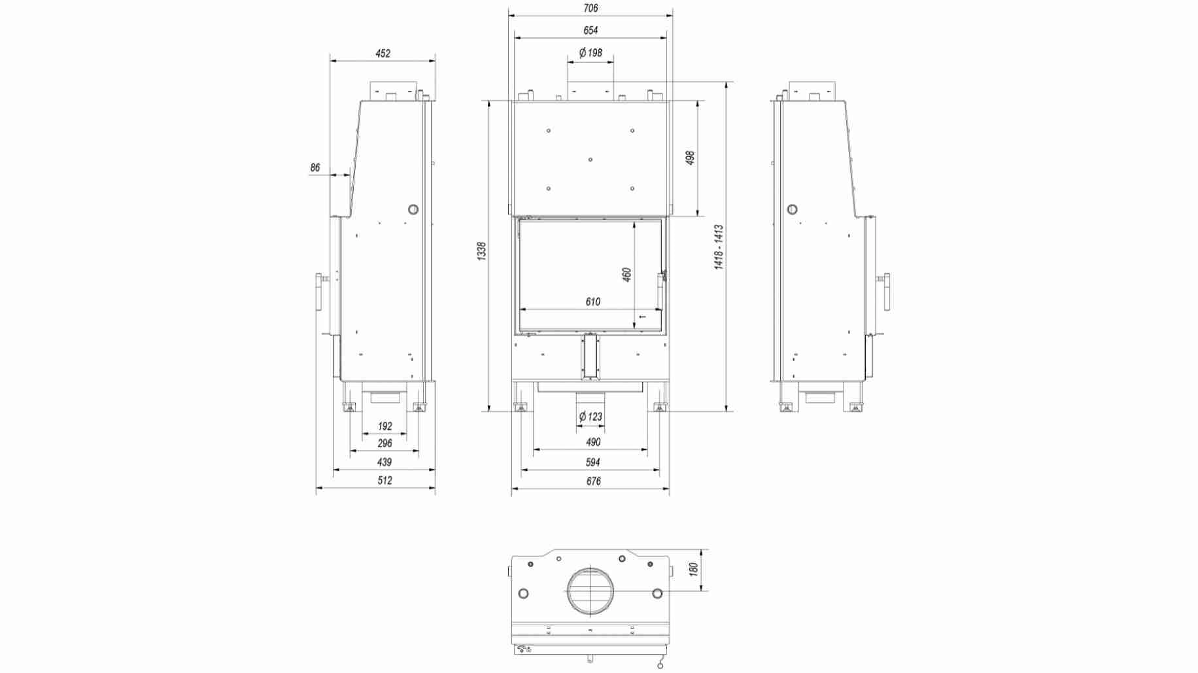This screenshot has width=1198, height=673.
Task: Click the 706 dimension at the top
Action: click(x=590, y=9)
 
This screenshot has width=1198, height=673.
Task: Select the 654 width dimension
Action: click(x=590, y=30)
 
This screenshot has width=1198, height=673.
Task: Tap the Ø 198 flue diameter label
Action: click(x=590, y=53)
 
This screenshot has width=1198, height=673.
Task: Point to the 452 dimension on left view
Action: click(x=383, y=54)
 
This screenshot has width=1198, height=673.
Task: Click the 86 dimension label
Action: click(x=315, y=168)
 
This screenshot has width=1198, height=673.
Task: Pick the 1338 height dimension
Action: click(x=482, y=252)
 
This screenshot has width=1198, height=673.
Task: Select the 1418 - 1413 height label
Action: click(x=719, y=247)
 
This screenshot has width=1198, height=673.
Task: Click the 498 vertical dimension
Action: click(x=690, y=158)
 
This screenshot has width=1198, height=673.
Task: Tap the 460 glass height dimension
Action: click(x=627, y=274)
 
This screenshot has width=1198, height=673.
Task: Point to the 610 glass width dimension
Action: click(x=592, y=302)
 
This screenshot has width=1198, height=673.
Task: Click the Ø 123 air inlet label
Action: click(x=590, y=417)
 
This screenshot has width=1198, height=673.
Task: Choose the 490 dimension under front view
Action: click(x=592, y=443)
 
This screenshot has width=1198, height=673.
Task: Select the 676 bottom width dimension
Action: click(x=593, y=481)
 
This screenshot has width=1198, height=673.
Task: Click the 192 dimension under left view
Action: click(x=385, y=426)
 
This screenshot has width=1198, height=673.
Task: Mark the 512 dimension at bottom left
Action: click(x=385, y=481)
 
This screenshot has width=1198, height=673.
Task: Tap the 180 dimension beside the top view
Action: click(x=694, y=569)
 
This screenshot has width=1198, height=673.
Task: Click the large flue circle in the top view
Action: click(x=590, y=591)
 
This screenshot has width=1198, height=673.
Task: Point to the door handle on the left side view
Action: click(x=320, y=292)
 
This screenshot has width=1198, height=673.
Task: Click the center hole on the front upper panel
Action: click(x=590, y=160)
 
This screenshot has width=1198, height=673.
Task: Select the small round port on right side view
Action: click(x=792, y=209)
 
